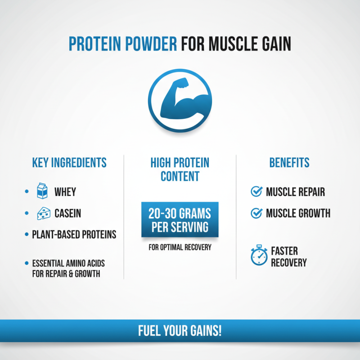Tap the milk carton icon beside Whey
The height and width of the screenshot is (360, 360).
42,192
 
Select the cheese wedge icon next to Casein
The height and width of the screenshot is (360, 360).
42,213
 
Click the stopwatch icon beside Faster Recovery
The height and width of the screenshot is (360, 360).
259,256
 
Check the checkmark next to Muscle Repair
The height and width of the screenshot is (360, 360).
256,192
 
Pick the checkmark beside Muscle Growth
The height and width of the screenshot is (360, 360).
256,213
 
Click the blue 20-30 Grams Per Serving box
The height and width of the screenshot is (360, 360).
180,220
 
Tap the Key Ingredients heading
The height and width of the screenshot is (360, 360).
69,162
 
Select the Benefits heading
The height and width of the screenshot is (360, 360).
289,162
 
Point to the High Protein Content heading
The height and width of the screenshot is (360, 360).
180,169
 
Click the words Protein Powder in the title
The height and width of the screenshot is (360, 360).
122,45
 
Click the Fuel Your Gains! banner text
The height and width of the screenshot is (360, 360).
180,332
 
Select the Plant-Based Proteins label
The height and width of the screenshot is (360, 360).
74,234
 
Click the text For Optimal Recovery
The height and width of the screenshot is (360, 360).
180,247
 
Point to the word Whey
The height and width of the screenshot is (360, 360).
65,192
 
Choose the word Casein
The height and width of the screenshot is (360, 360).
68,213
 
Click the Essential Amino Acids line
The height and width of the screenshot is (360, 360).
68,263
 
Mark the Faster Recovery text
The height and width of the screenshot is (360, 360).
288,256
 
